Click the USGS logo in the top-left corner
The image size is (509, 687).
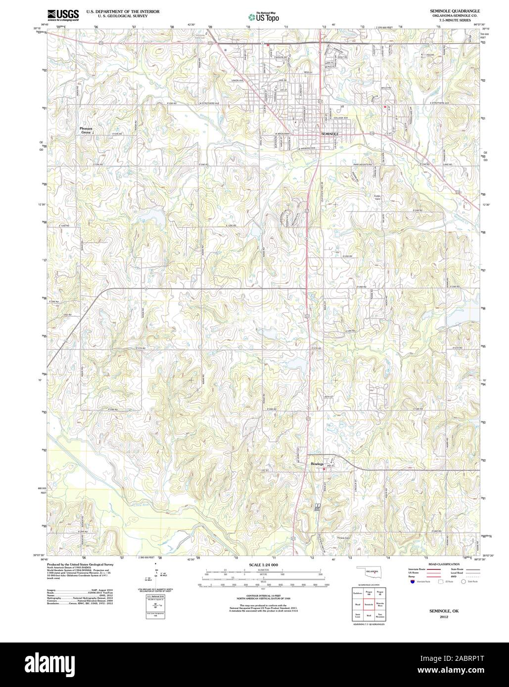coord(63,15)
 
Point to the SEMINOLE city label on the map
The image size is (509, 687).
coord(330,134)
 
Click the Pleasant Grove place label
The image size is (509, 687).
coord(86,130)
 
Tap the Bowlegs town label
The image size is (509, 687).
coord(317,464)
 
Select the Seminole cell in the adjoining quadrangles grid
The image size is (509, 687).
coord(368,604)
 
